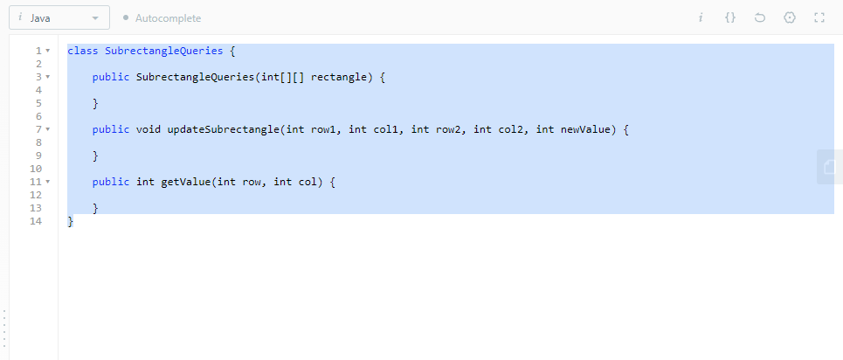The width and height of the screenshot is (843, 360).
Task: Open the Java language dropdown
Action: pos(59,17)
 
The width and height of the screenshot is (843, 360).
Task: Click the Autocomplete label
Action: pos(168,17)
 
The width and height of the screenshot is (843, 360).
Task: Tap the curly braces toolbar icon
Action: pos(730,17)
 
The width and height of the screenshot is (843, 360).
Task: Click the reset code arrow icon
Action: pos(760,17)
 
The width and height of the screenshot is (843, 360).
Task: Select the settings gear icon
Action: pos(790,17)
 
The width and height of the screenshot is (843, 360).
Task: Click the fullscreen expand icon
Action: pos(819,17)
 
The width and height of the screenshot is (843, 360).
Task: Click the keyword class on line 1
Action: pos(83,51)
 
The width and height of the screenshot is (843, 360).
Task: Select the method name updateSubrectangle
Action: pos(223,129)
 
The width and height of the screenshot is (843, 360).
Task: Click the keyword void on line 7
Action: pos(149,129)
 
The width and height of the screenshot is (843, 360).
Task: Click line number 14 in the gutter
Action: pos(36,221)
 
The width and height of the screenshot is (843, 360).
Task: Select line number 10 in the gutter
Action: pos(36,169)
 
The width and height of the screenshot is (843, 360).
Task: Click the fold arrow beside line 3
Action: pos(47,77)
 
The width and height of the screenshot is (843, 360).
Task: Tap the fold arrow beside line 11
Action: pos(47,182)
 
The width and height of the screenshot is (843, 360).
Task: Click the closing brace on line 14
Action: pos(71,221)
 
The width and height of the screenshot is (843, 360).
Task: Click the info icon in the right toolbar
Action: pos(701,17)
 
